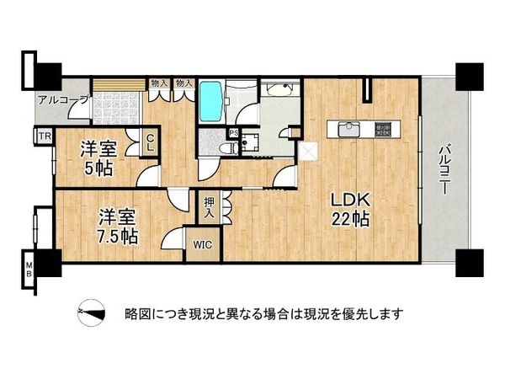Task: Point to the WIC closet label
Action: point(201,246)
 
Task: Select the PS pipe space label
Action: point(233,133)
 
